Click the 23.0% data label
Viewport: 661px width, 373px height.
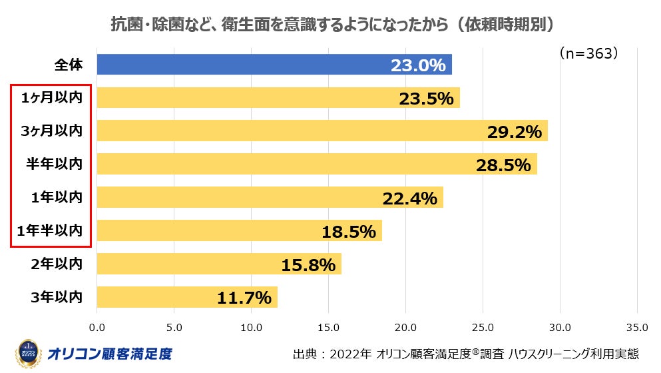[x=417, y=65]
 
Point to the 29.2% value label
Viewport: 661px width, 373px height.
[x=514, y=132]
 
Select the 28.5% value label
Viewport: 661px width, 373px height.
[x=503, y=165]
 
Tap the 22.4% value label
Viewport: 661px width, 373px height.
[x=409, y=198]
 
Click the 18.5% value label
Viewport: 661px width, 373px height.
[x=348, y=232]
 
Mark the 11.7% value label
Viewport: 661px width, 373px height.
[x=244, y=298]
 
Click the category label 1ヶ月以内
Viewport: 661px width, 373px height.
[x=51, y=98]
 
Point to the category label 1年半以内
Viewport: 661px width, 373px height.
[x=51, y=230]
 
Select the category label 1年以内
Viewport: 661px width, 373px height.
[x=56, y=197]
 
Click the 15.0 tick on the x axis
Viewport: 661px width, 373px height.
[x=329, y=327]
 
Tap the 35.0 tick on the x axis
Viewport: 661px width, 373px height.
[x=637, y=327]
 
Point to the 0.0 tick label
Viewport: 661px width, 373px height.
[x=97, y=327]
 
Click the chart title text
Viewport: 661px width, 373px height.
[x=331, y=24]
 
